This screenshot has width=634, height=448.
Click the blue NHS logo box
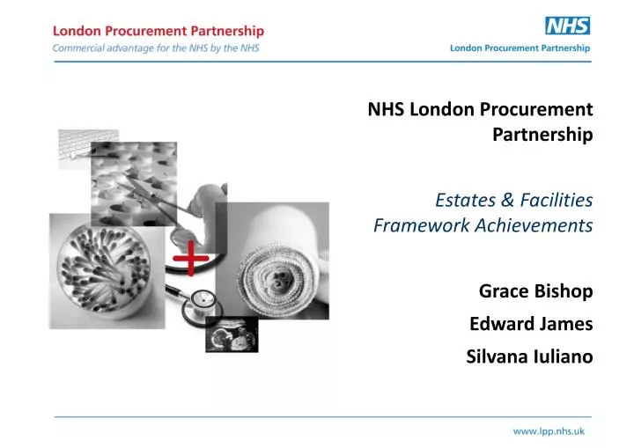click(567, 26)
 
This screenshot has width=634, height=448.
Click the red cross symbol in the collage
click(191, 258)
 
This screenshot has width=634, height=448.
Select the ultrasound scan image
click(232, 334)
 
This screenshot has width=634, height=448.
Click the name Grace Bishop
click(534, 291)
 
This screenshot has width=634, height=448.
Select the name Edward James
click(530, 324)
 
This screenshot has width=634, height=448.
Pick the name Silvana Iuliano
click(528, 356)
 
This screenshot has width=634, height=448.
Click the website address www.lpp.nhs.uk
click(549, 431)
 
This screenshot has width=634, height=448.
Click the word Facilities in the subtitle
click(555, 201)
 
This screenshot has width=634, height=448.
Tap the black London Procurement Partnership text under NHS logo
click(520, 48)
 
